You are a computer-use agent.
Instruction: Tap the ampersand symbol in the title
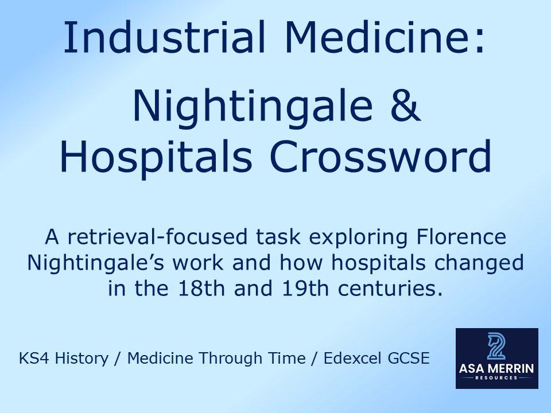[x=406, y=106]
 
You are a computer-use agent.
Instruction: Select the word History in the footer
[x=85, y=359]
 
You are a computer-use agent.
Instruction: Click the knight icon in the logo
[x=496, y=345]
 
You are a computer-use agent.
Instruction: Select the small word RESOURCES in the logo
[x=496, y=379]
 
